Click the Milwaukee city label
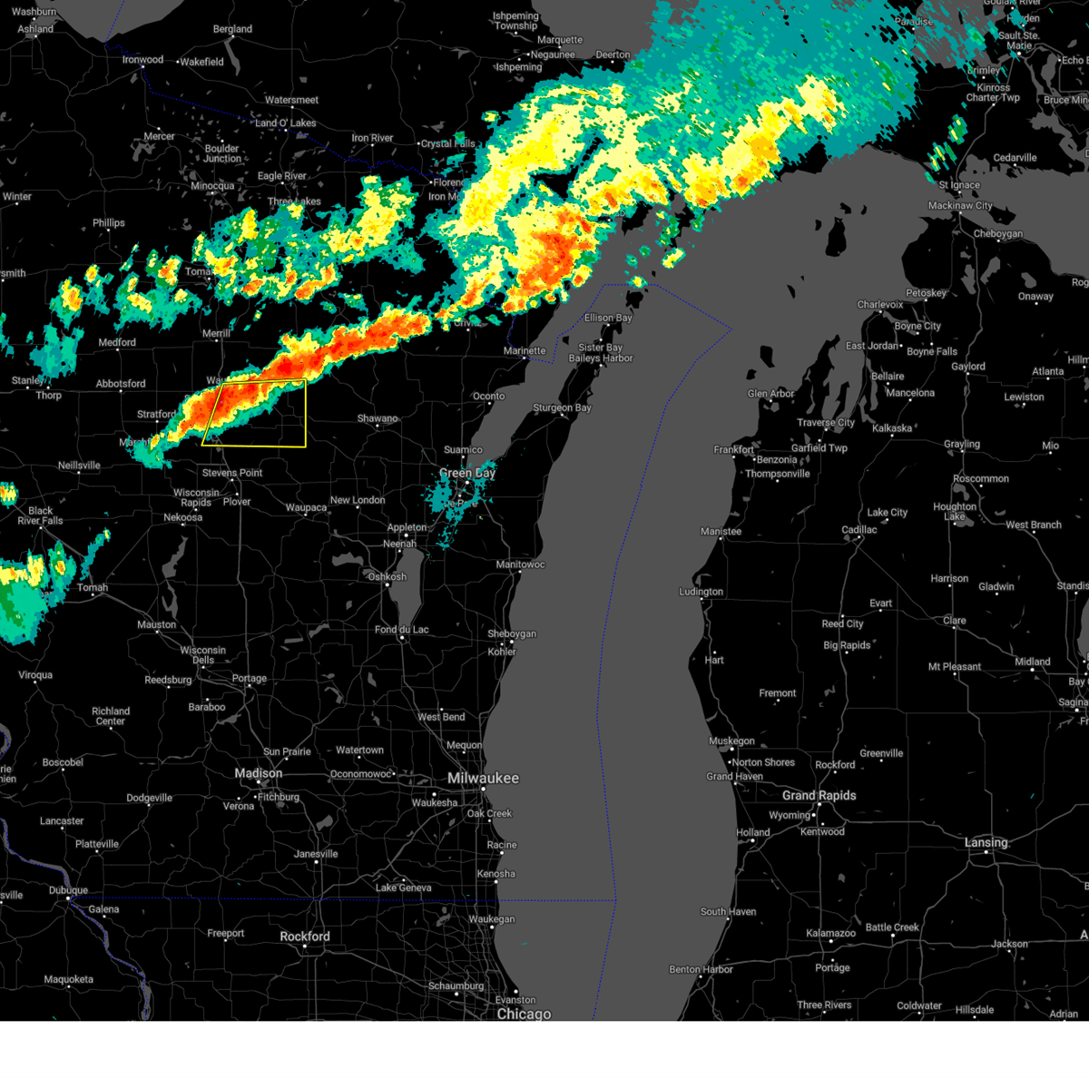[x=483, y=779]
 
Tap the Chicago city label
[x=524, y=1014]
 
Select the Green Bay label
[x=467, y=473]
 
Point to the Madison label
[x=259, y=773]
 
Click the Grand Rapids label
[x=819, y=796]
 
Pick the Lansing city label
[x=986, y=843]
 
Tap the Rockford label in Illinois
[x=305, y=937]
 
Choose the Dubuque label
[x=68, y=890]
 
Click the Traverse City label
[x=826, y=423]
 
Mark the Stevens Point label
[x=232, y=473]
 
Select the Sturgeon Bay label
[x=562, y=408]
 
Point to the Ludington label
[x=701, y=592]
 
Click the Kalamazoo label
[x=830, y=933]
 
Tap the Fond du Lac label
[x=402, y=630]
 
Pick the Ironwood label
[x=143, y=60]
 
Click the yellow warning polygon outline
[x=306, y=414]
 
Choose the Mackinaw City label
[x=961, y=206]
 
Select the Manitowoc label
[x=521, y=564]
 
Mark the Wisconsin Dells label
[x=203, y=654]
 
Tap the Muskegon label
[x=731, y=741]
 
